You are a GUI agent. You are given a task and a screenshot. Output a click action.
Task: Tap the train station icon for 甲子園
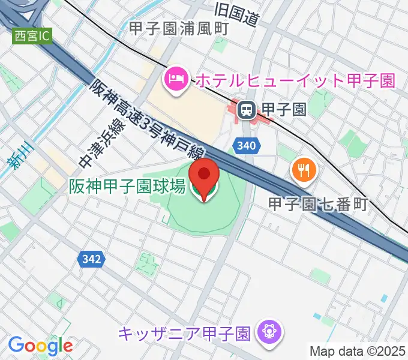tap(245, 109)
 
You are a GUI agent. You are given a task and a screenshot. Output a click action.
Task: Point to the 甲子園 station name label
tap(284, 109)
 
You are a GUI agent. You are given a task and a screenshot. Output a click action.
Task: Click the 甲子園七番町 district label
tap(317, 205)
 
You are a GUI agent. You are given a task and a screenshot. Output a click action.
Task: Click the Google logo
tap(40, 346)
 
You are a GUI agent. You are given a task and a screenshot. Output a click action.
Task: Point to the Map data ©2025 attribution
tap(357, 351)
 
